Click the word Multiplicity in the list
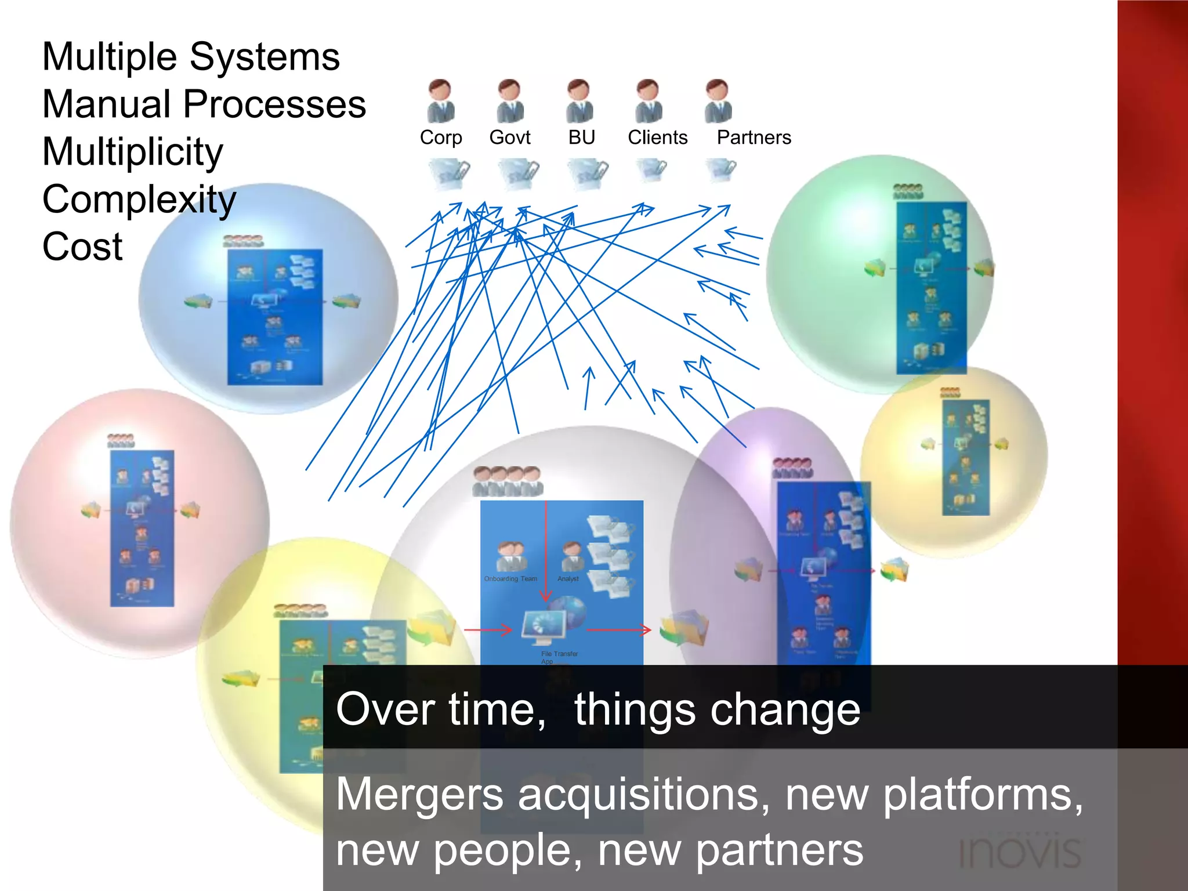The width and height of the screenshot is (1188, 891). pos(132,152)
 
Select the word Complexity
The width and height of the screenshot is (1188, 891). pos(139,200)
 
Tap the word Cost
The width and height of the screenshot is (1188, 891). pos(82,247)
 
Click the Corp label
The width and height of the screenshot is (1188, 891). pos(441,137)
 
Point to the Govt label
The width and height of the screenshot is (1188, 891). pos(509,137)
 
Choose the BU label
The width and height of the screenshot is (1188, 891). pos(581,137)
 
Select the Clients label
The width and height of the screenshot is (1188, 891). pos(657,137)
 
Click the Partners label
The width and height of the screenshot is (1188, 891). pos(754,137)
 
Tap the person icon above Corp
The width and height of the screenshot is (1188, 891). pos(441,102)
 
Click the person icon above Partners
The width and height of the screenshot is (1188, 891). pos(718,102)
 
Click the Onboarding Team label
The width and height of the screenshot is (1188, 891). pos(510,579)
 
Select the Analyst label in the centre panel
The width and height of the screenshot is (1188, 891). pos(568,579)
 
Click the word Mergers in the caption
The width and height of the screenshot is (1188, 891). pos(419,795)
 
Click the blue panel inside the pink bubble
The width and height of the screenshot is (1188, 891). pos(142,528)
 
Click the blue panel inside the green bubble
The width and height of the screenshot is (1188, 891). pos(931,287)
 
